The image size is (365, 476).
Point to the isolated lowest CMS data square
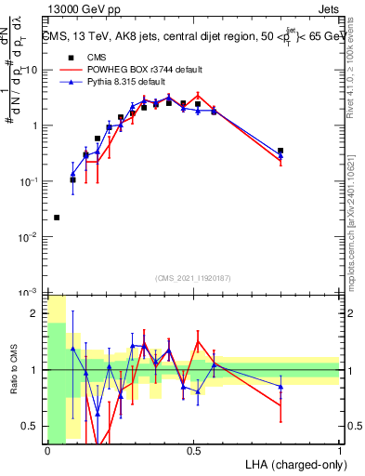point(58,218)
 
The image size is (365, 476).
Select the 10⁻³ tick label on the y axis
point(28,294)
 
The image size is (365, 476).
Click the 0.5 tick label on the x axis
point(193,450)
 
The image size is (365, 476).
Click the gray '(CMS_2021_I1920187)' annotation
point(193,278)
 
